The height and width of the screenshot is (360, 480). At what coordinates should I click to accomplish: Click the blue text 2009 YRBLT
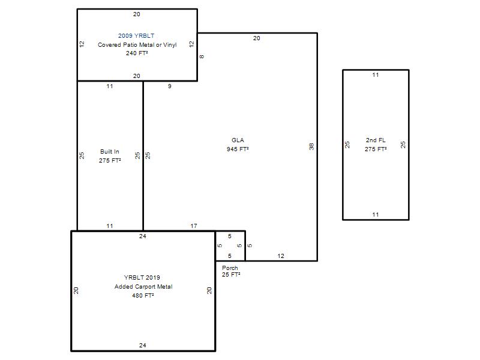point(136,36)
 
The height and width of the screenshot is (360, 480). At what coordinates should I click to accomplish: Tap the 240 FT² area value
point(137,53)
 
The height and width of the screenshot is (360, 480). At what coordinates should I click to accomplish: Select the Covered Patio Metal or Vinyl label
point(137,44)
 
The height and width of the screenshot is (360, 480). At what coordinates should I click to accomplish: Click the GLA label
point(238,140)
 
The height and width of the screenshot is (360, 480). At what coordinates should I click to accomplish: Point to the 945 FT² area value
point(238,149)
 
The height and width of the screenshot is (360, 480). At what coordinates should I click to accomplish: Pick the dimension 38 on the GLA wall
point(311,146)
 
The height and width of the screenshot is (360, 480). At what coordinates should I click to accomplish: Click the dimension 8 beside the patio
point(202,56)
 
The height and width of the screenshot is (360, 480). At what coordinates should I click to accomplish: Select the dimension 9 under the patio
point(170,86)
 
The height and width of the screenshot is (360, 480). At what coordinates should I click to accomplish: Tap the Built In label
point(110,152)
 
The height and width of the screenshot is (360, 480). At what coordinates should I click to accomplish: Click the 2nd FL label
point(376,140)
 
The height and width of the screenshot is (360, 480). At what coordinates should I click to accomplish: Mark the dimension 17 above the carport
point(194,226)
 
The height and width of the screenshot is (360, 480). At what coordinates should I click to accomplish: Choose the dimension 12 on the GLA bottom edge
point(281,256)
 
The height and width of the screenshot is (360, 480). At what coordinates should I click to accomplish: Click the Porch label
point(230,268)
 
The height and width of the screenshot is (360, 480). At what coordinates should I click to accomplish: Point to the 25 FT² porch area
point(231,275)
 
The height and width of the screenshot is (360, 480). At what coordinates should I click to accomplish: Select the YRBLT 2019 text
point(142,278)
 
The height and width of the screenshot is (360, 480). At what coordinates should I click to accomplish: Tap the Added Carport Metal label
point(143,287)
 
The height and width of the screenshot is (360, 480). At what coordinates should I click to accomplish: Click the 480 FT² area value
point(143,295)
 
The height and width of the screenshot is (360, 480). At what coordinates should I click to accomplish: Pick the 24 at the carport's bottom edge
point(143,346)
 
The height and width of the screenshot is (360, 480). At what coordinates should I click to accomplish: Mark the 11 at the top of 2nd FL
point(376,74)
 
